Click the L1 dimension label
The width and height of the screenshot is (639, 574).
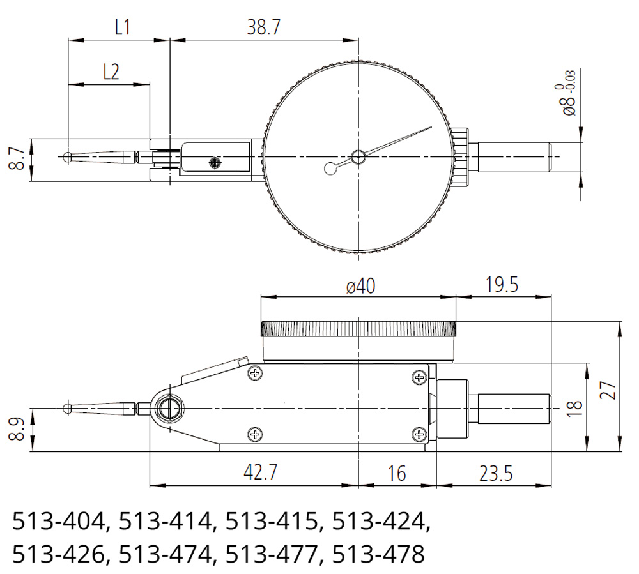pyautogui.click(x=122, y=27)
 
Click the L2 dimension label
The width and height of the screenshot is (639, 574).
pyautogui.click(x=111, y=72)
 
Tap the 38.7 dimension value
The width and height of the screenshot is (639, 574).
pyautogui.click(x=264, y=27)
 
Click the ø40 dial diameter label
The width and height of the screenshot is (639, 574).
pyautogui.click(x=360, y=286)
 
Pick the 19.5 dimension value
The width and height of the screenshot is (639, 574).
pyautogui.click(x=502, y=285)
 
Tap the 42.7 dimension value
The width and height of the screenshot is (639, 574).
pyautogui.click(x=261, y=472)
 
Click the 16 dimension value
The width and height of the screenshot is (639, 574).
pyautogui.click(x=397, y=474)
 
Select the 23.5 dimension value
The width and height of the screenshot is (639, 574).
pyautogui.click(x=496, y=474)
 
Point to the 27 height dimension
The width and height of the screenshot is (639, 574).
pyautogui.click(x=608, y=390)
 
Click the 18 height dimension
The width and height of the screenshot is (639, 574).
pyautogui.click(x=574, y=408)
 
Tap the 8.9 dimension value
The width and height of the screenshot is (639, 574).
pyautogui.click(x=17, y=430)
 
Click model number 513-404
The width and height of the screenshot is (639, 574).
pyautogui.click(x=59, y=521)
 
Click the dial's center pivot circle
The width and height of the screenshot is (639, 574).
pyautogui.click(x=358, y=156)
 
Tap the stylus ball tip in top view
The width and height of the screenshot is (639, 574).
pyautogui.click(x=68, y=156)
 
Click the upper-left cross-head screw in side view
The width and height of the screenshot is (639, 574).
pyautogui.click(x=255, y=373)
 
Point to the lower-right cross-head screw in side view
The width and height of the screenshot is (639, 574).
pyautogui.click(x=419, y=434)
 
